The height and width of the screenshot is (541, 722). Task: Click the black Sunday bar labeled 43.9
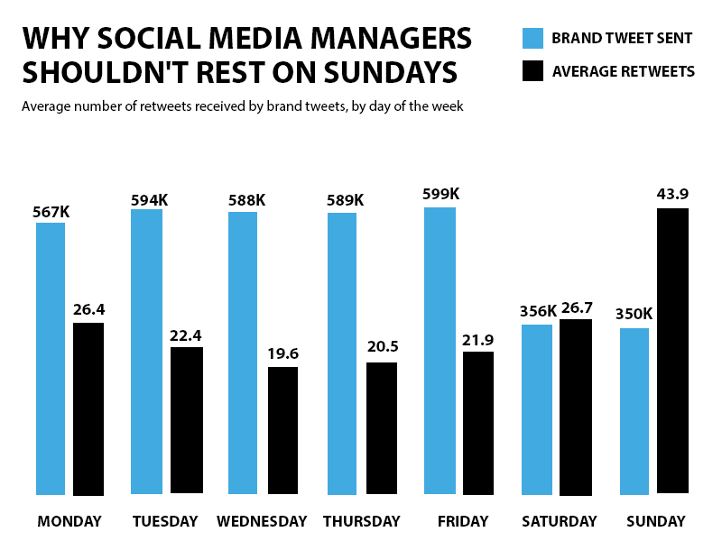[673, 351]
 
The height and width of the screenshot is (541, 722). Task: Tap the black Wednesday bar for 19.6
[282, 431]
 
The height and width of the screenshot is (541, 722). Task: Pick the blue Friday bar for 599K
[440, 351]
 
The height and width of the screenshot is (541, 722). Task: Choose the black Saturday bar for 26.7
[576, 408]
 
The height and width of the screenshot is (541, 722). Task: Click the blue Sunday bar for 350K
[634, 411]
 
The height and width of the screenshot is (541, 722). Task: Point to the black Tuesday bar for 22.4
[187, 420]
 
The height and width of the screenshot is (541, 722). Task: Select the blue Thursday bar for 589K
[342, 353]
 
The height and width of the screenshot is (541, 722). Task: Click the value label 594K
[149, 199]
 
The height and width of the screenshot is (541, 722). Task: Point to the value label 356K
[538, 312]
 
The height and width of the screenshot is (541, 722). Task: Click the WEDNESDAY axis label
[262, 521]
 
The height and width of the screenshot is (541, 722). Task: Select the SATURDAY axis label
[560, 521]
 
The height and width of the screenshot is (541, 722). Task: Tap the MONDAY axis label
[69, 521]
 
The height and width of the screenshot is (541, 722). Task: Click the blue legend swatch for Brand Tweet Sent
[532, 38]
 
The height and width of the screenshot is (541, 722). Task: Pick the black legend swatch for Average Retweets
[532, 70]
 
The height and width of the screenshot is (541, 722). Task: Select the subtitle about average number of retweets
[243, 106]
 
